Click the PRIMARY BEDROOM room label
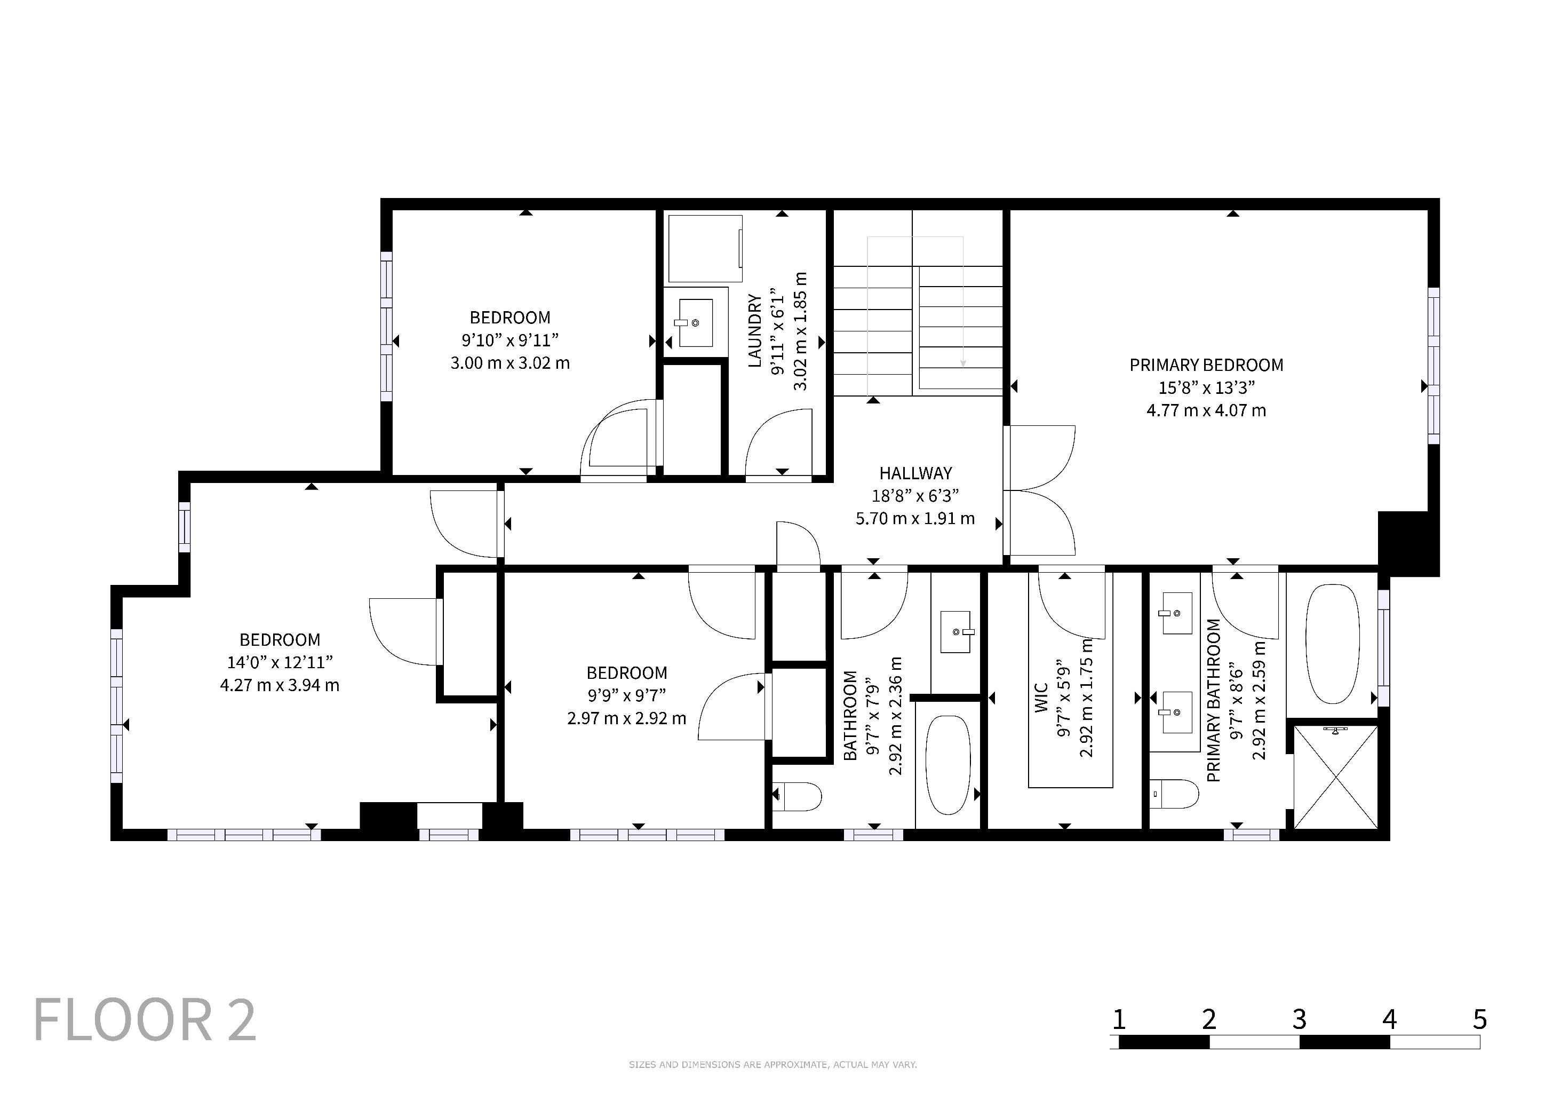(x=1206, y=365)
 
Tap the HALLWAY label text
(x=915, y=473)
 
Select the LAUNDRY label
(x=755, y=331)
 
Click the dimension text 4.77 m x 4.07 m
(x=1206, y=410)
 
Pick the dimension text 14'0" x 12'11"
(x=280, y=662)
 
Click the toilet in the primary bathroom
(x=1174, y=794)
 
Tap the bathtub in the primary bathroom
(x=1332, y=644)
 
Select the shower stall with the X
(x=1336, y=778)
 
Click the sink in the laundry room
(x=693, y=323)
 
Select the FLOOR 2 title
(x=145, y=1020)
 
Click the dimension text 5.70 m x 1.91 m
(x=915, y=518)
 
